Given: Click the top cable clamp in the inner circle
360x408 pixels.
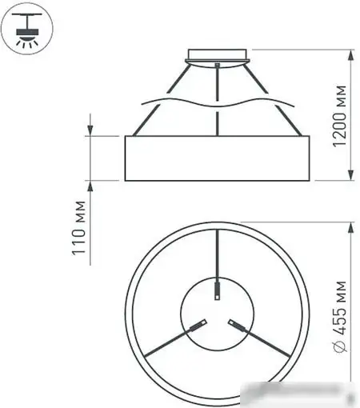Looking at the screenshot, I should coord(218,290).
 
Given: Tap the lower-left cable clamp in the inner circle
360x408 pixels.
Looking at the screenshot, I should coord(197,325).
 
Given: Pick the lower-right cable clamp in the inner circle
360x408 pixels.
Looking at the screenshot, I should coord(238,325).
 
